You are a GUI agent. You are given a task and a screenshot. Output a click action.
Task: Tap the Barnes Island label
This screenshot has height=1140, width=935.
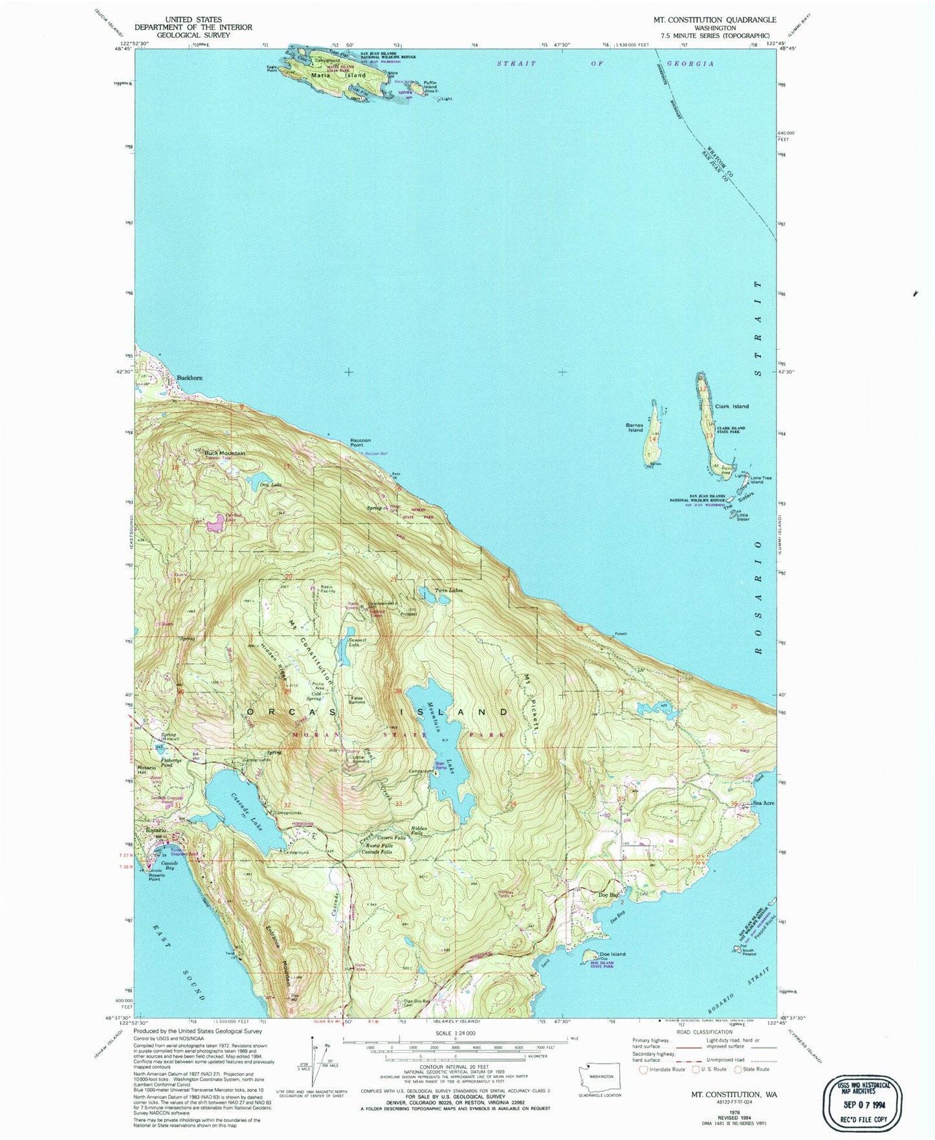point(635,428)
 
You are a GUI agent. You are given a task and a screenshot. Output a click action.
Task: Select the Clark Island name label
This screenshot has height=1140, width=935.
point(732,406)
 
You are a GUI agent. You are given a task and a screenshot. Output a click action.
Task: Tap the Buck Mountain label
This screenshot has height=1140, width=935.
point(225,453)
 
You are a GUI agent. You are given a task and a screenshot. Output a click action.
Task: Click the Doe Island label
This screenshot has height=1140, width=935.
point(612,954)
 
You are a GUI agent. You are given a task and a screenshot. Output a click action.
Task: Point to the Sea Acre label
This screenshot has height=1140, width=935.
point(764,803)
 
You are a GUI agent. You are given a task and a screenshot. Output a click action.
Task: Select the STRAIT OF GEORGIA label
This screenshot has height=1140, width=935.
point(605,63)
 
